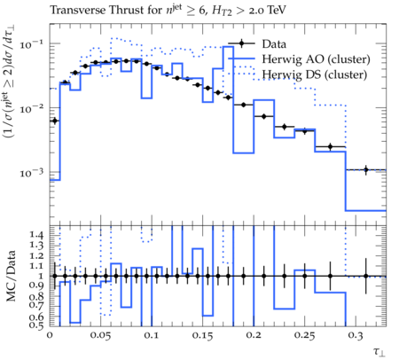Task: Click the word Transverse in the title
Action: tap(78, 10)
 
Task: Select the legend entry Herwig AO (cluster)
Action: tap(316, 59)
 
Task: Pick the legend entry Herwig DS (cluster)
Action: tap(315, 74)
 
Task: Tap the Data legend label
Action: tap(274, 44)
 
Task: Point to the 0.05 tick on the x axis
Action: tap(100, 336)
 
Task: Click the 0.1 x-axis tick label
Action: tap(152, 336)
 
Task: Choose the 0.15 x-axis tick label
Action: tap(202, 336)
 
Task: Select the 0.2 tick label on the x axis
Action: tap(254, 336)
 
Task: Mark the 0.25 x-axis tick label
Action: tap(304, 336)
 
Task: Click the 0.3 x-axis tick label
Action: tap(356, 336)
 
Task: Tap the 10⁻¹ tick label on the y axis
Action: tap(32, 44)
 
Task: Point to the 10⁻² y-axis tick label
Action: tap(32, 108)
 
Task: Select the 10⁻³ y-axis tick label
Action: tap(32, 173)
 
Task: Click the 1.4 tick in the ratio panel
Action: tap(36, 235)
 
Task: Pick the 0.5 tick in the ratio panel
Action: tap(36, 325)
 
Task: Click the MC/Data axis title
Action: tap(11, 276)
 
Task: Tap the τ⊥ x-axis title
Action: tap(379, 352)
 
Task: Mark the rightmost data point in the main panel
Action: tap(366, 169)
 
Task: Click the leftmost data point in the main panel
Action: tap(55, 121)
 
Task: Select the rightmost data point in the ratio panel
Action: tap(366, 276)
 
